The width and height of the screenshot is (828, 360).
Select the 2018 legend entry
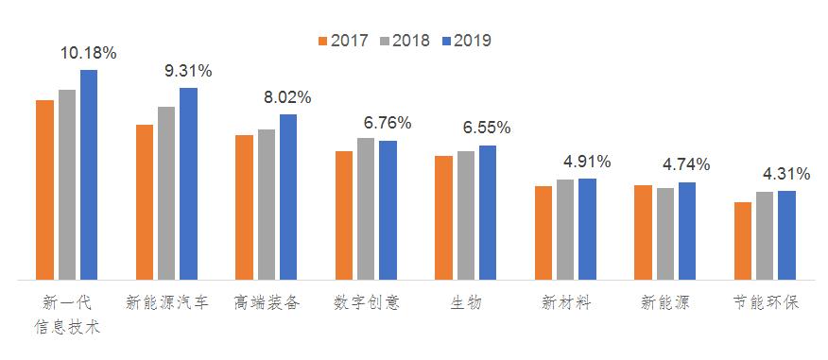coord(404,41)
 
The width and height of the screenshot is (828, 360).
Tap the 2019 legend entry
coord(464,41)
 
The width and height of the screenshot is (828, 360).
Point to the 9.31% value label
coord(188,71)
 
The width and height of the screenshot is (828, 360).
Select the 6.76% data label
coord(388,123)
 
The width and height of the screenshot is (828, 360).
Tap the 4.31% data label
coord(786,174)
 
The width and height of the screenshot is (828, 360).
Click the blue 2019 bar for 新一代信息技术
coord(89,175)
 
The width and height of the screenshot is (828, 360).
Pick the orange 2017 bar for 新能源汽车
coord(145,202)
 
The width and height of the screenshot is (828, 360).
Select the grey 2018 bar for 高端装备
coord(267,205)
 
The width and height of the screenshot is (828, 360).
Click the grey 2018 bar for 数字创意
coord(366,209)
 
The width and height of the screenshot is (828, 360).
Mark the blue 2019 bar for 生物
coord(488,213)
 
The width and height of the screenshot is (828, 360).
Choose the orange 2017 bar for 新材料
coord(543,233)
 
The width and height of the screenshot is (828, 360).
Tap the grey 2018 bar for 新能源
coord(665,234)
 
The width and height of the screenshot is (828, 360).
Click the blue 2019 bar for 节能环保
coord(786,235)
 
